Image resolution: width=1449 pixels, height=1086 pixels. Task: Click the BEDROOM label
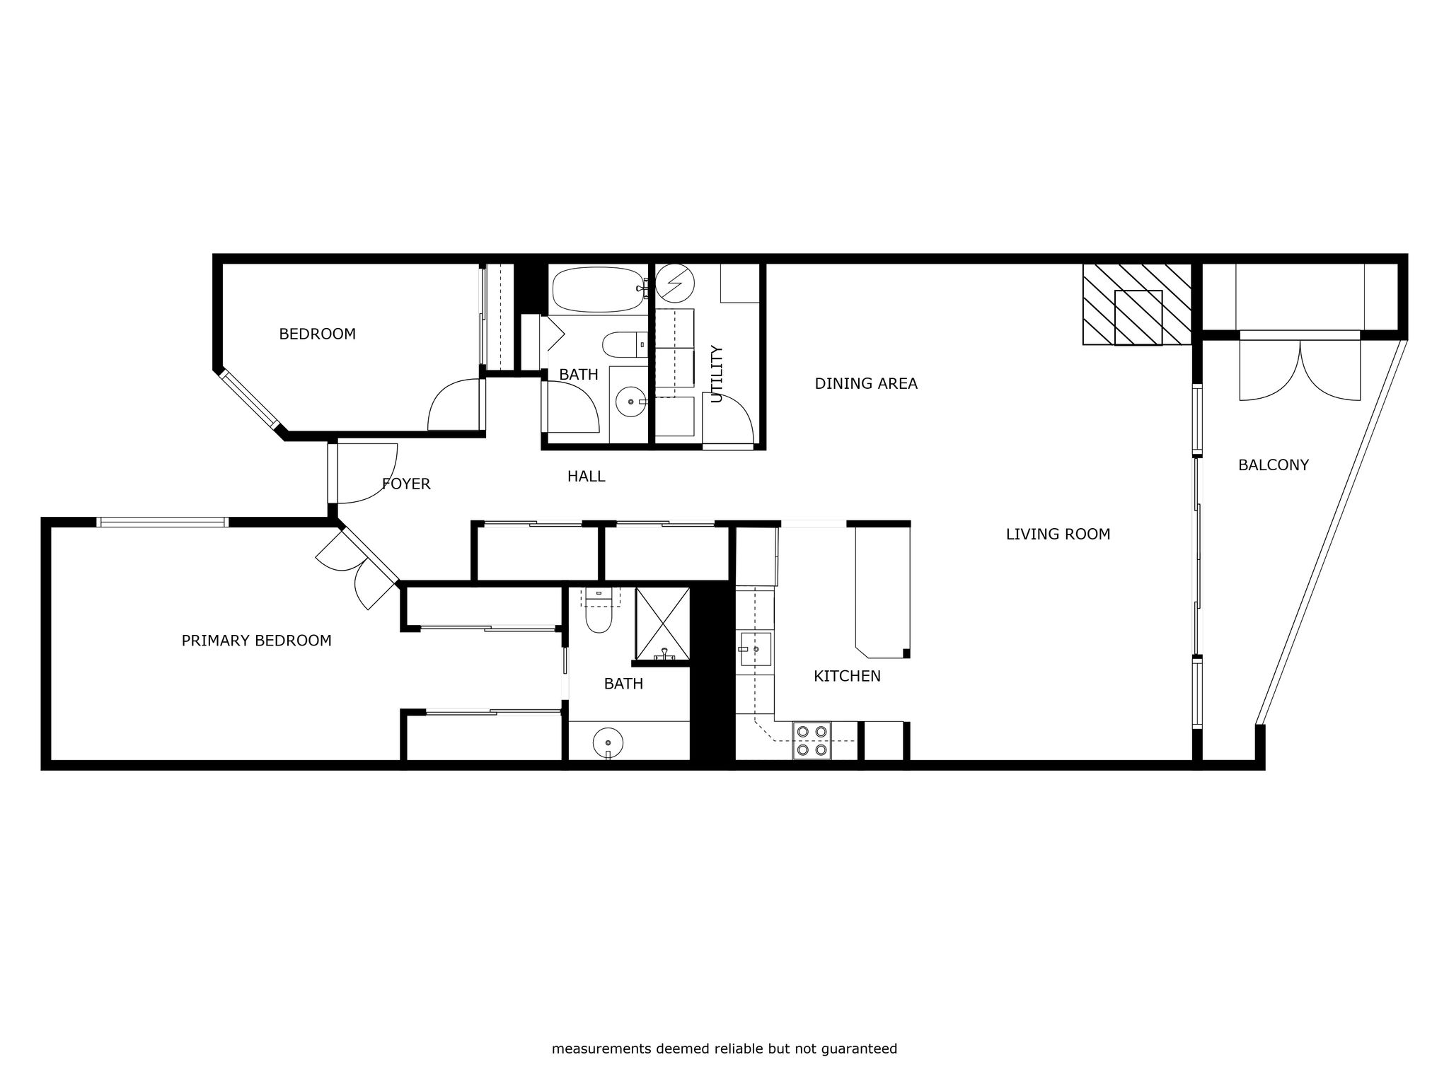click(317, 334)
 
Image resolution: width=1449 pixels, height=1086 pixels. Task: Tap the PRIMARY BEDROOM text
click(256, 641)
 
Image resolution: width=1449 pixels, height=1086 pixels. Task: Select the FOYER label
click(406, 484)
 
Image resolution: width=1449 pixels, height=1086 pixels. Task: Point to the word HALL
click(586, 477)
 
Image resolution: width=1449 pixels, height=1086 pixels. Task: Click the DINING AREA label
click(866, 383)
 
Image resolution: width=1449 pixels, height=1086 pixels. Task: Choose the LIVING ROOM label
click(1058, 534)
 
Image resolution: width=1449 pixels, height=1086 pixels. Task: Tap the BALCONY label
click(1273, 465)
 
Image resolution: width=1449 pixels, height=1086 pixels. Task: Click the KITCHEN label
click(847, 676)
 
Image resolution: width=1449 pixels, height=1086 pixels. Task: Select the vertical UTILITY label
click(717, 374)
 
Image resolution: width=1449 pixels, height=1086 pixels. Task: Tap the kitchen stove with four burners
click(812, 741)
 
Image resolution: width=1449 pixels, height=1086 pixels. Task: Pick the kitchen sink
click(755, 649)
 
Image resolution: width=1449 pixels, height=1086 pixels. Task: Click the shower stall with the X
click(662, 624)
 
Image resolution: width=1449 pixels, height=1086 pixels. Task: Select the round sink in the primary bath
click(608, 743)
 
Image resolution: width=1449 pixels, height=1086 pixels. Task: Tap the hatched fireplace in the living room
click(1137, 305)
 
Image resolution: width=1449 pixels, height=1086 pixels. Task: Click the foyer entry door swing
click(367, 473)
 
